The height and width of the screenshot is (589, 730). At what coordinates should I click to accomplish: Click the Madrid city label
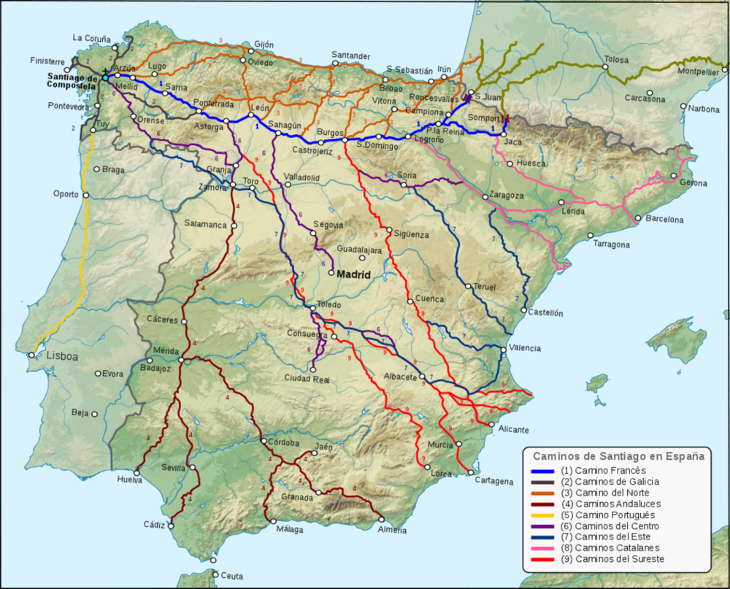[353, 274]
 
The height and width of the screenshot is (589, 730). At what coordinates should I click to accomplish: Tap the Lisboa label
[62, 358]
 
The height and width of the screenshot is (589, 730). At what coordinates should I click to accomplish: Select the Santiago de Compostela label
[72, 82]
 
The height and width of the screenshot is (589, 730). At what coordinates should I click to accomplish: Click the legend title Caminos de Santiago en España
[618, 456]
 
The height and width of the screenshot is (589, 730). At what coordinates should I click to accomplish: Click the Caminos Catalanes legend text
[617, 547]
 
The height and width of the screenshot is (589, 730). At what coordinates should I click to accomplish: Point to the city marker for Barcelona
[637, 217]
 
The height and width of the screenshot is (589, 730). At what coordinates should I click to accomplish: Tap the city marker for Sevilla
[192, 468]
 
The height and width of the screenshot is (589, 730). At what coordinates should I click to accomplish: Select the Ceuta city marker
[214, 561]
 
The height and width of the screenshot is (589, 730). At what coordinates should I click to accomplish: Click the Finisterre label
[49, 61]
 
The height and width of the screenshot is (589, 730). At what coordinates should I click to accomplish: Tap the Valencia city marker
[504, 349]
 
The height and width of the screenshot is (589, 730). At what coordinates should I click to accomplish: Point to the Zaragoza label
[507, 196]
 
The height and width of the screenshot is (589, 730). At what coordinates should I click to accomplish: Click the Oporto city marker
[86, 195]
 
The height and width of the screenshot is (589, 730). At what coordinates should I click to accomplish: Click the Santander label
[352, 55]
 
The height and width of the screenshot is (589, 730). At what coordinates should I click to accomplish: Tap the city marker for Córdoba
[262, 442]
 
